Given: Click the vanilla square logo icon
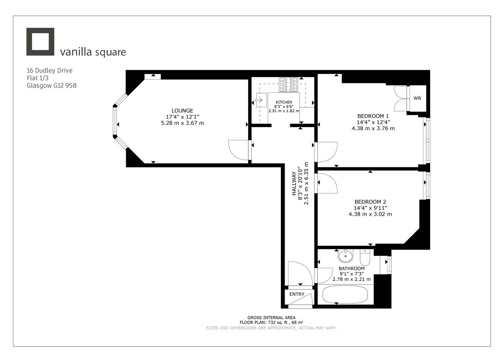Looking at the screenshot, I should pos(40,42).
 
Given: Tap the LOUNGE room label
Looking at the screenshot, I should pos(182,110).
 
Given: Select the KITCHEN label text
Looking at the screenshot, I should pos(284,102).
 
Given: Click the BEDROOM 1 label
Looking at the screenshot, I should pos(373,116).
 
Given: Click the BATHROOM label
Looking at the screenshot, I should pos(351,269).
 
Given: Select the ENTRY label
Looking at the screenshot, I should pos(297,294).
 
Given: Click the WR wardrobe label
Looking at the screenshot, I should pos(417,99).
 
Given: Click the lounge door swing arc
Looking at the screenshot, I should pos(239,149).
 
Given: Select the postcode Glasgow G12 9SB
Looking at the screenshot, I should pos(51,85).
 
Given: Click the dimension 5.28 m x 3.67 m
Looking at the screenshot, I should pos(182,123).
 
